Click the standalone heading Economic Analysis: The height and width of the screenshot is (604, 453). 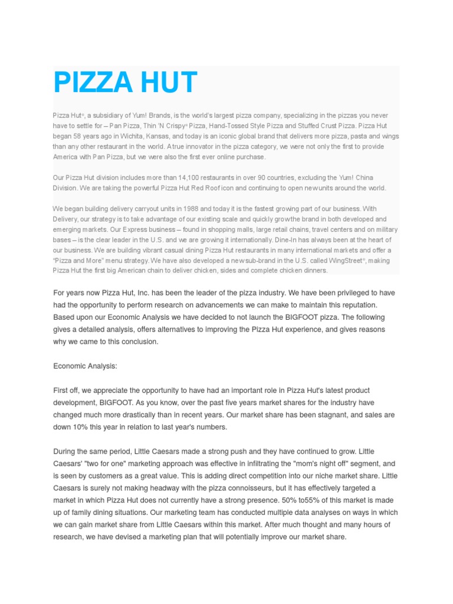85,366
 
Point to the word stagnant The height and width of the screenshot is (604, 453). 337,415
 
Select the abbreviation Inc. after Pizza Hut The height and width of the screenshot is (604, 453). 147,293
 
